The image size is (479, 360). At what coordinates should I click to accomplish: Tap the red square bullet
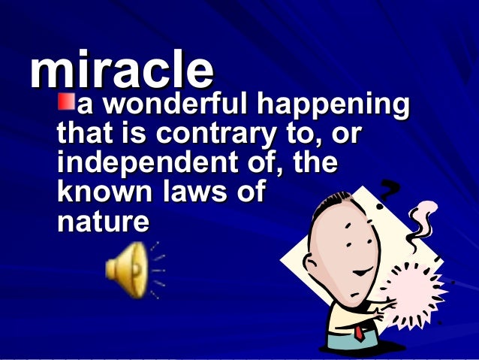tap(67, 101)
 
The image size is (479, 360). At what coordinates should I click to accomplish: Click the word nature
tap(102, 221)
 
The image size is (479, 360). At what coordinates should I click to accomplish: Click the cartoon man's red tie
tap(360, 331)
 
